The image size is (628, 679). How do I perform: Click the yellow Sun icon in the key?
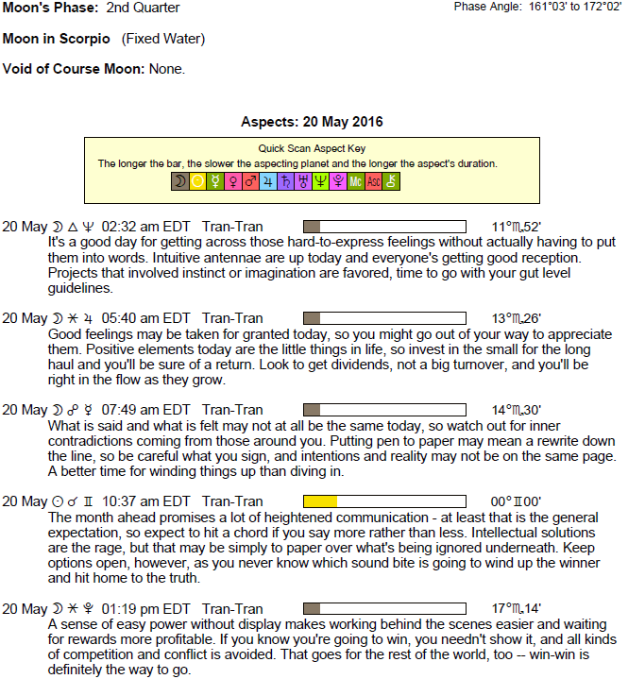pyautogui.click(x=197, y=181)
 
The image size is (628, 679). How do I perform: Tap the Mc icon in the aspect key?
pyautogui.click(x=355, y=181)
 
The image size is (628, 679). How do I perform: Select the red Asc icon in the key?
pyautogui.click(x=373, y=181)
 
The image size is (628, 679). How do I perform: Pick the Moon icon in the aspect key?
pyautogui.click(x=179, y=181)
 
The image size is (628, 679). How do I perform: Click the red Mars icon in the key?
pyautogui.click(x=250, y=181)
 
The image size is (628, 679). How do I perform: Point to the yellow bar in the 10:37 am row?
pyautogui.click(x=320, y=501)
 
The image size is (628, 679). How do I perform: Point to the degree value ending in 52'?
pyautogui.click(x=516, y=227)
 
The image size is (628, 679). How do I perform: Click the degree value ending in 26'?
pyautogui.click(x=516, y=318)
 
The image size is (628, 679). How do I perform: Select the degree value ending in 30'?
pyautogui.click(x=516, y=410)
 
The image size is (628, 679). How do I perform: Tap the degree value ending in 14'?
pyautogui.click(x=516, y=609)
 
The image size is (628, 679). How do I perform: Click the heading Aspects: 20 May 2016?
pyautogui.click(x=312, y=122)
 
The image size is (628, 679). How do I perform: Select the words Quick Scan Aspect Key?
pyautogui.click(x=312, y=148)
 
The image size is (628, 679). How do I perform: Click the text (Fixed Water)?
pyautogui.click(x=163, y=39)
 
